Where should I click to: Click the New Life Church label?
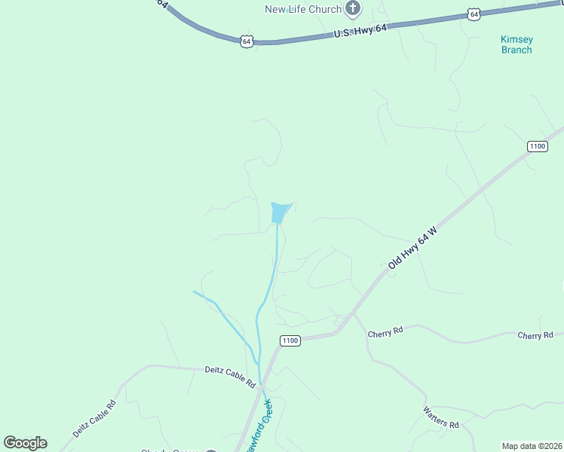(x=302, y=9)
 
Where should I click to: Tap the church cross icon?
(x=352, y=9)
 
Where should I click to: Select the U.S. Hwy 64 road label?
(x=360, y=31)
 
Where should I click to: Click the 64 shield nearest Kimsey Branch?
(x=473, y=14)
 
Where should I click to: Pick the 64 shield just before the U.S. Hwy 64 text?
(x=247, y=41)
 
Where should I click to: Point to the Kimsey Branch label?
(x=516, y=44)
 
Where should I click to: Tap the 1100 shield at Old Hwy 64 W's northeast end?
(x=537, y=145)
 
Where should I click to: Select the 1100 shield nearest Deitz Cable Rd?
(x=290, y=341)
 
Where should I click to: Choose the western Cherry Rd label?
(x=385, y=332)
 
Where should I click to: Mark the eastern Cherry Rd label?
(x=535, y=335)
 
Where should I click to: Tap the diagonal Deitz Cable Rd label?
(x=94, y=418)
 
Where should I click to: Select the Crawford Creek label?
(x=258, y=428)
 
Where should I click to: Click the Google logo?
(x=25, y=443)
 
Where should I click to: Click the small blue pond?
(x=280, y=212)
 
